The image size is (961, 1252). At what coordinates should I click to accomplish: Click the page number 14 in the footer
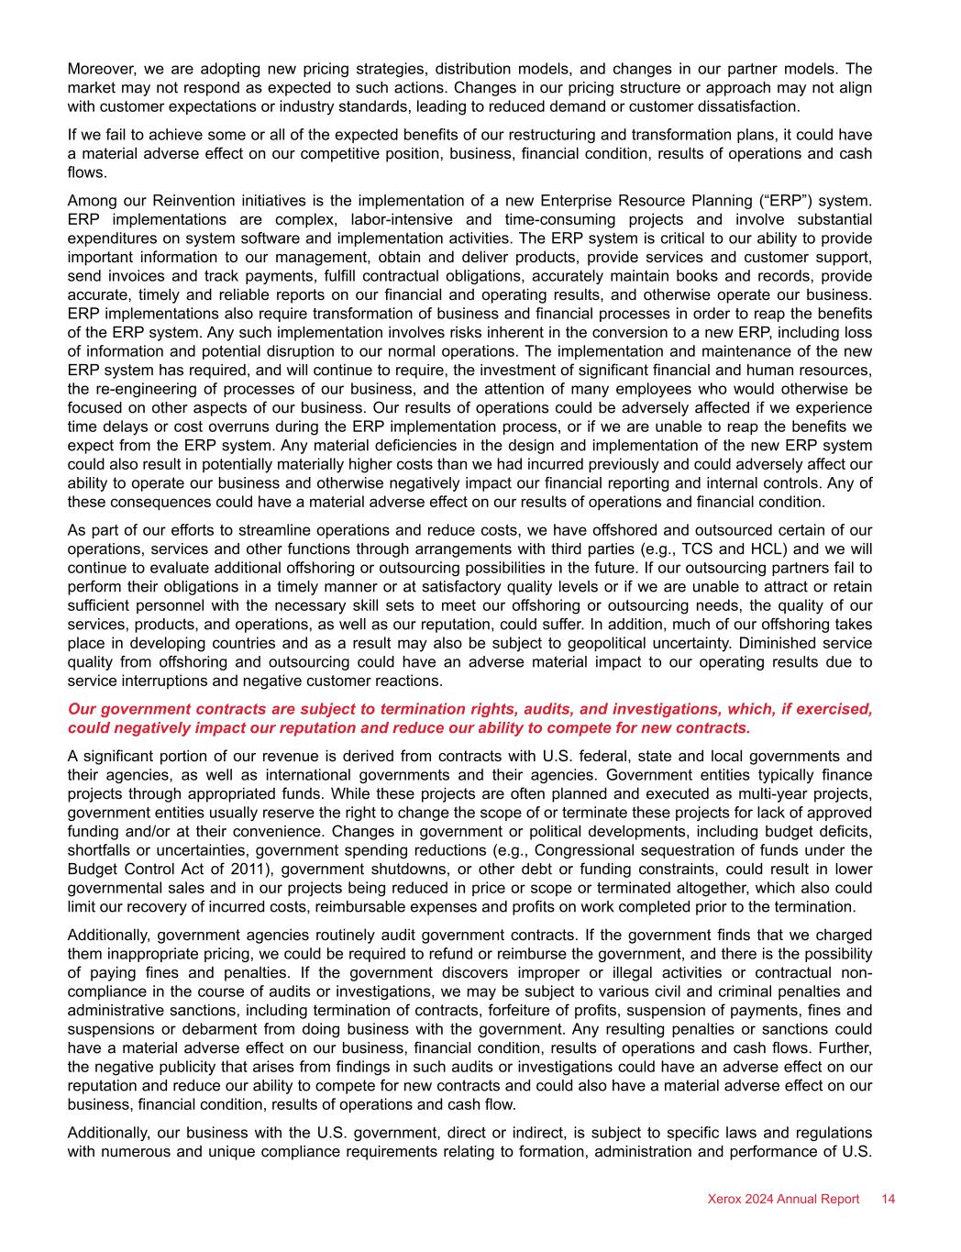coord(888,1199)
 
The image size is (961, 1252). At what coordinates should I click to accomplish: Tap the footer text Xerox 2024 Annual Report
coord(783,1199)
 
